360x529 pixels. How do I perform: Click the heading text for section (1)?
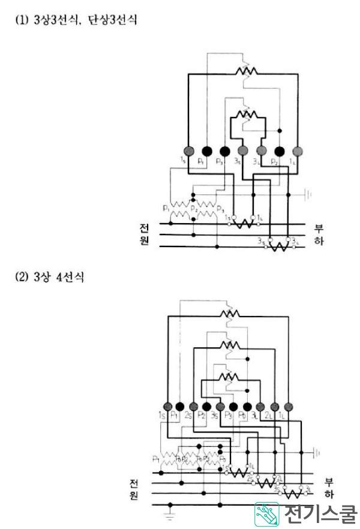76,20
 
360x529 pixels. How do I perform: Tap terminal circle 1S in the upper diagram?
188,150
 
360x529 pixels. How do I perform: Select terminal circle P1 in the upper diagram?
206,150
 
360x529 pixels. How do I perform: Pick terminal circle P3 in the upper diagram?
225,150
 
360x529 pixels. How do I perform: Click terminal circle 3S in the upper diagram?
243,150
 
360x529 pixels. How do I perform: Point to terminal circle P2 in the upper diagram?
280,150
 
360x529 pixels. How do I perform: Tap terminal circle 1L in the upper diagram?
298,150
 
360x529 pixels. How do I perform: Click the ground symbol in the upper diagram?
308,194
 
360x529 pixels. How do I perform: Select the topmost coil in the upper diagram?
246,70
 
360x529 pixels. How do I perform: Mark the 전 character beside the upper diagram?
144,229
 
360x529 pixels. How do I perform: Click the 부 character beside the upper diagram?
318,229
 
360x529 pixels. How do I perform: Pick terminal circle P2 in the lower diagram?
206,406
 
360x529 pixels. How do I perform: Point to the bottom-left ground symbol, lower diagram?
170,513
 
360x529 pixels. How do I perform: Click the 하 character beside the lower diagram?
328,495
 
